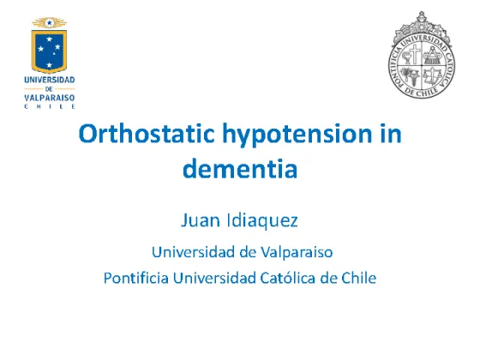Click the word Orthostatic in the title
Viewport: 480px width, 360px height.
point(147,134)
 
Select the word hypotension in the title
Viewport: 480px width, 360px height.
point(297,135)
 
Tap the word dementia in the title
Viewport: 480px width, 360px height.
point(240,168)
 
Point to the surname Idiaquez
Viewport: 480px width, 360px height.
point(262,221)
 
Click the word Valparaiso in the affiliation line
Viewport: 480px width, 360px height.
point(297,253)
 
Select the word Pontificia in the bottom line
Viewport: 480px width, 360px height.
point(136,278)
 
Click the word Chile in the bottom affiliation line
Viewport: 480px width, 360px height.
point(359,278)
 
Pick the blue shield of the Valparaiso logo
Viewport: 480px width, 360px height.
point(50,51)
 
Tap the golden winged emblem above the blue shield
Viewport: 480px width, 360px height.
point(50,22)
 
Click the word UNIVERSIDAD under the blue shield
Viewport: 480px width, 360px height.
point(50,80)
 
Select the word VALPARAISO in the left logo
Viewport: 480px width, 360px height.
point(50,98)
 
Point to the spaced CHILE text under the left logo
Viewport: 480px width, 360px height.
point(50,107)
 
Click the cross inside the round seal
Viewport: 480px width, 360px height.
point(415,54)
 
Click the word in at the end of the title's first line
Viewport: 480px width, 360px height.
point(391,134)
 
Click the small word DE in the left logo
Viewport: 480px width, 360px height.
point(49,89)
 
